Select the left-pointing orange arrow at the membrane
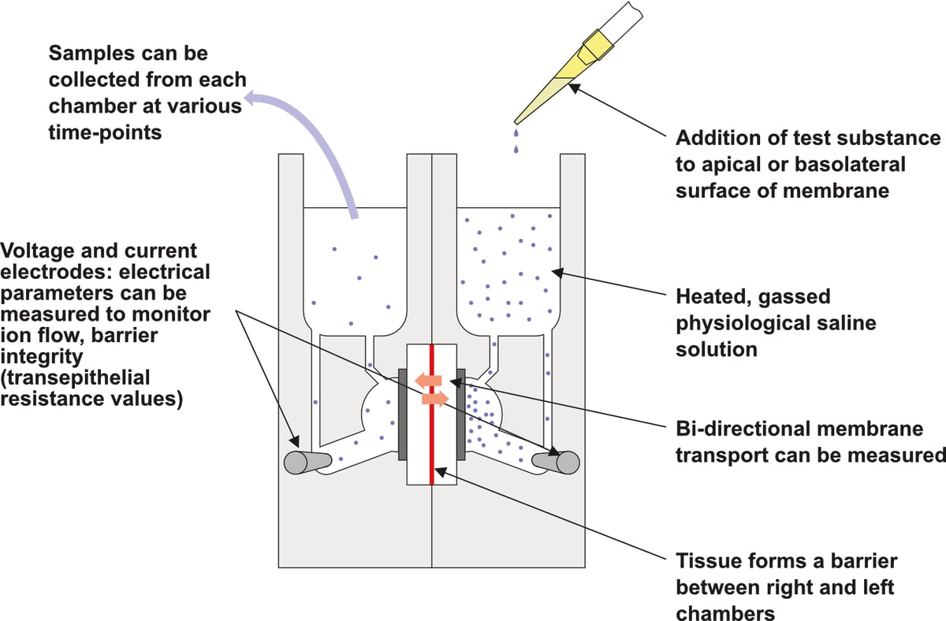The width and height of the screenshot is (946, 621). point(428,381)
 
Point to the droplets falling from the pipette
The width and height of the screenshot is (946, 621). point(516,139)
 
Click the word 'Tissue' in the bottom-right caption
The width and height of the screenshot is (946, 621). point(704,561)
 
